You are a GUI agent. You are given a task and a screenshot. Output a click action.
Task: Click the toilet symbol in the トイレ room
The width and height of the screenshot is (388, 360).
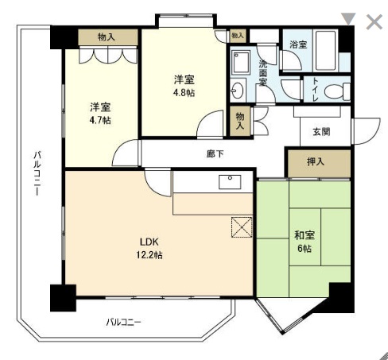(x=337, y=91)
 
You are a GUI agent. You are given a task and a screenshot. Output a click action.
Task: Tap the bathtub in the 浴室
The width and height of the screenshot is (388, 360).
(x=326, y=51)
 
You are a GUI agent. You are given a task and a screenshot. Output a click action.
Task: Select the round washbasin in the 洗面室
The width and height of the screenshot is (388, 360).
(x=237, y=90)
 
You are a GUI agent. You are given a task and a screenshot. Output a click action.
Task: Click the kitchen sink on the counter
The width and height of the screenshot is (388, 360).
(x=230, y=182)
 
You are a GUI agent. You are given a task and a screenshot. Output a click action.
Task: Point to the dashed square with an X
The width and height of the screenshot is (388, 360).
(x=242, y=227)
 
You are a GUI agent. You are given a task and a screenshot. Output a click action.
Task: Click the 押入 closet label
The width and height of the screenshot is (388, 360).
(x=316, y=161)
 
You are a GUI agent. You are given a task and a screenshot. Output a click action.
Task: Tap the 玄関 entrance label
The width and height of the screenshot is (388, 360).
(x=321, y=132)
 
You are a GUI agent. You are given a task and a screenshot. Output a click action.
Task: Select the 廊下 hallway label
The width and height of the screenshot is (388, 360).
(x=215, y=153)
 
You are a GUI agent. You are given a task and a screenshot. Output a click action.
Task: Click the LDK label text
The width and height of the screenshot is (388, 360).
(x=149, y=242)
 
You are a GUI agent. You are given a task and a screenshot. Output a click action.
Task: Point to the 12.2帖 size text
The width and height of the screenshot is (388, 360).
(x=149, y=255)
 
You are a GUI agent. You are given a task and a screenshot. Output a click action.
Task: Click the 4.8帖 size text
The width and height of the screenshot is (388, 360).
(x=184, y=93)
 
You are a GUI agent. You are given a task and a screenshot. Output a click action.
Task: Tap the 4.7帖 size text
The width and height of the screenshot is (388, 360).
(x=100, y=120)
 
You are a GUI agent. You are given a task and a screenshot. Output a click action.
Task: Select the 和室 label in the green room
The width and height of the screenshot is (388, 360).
(x=305, y=235)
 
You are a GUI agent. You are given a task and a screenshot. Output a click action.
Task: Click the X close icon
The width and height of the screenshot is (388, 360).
(x=374, y=21)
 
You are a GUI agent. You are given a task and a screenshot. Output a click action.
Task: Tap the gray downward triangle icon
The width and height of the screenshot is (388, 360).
(x=348, y=19)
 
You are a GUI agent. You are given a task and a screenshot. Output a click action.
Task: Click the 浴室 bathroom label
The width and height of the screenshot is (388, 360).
(x=298, y=45)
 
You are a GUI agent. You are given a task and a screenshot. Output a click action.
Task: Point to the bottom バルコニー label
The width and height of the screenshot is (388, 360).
(x=123, y=322)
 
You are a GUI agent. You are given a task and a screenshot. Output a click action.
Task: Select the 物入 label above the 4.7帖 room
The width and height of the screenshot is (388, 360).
(x=107, y=37)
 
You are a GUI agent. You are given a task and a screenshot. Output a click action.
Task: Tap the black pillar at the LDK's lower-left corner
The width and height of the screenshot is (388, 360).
(x=63, y=298)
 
